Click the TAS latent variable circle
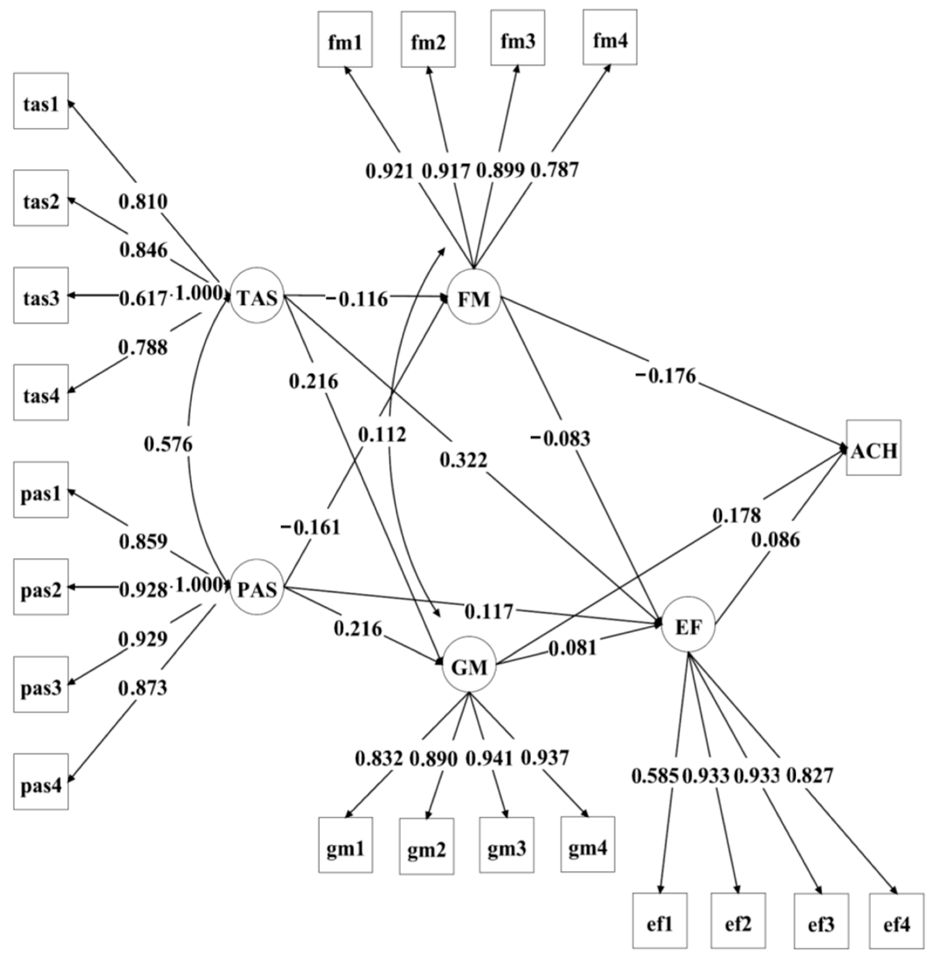point(257,296)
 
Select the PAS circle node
point(257,587)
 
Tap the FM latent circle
point(473,297)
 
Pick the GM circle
point(469,665)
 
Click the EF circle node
point(688,626)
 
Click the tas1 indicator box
point(41,101)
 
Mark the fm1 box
point(345,39)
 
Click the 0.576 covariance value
point(168,445)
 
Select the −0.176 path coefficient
point(666,376)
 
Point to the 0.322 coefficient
point(463,460)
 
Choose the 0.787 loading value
point(555,171)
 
